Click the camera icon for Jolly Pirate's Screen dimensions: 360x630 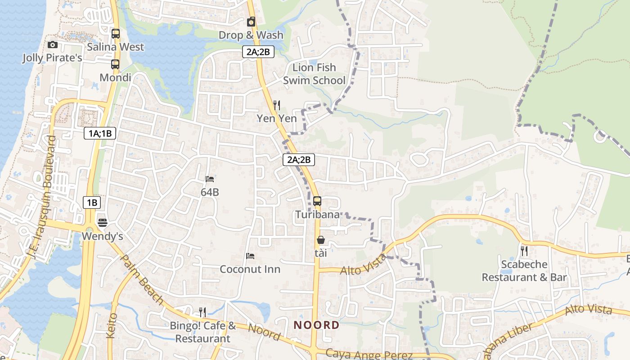[x=53, y=45]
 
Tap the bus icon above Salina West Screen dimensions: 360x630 [x=116, y=33]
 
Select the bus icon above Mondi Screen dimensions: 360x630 [x=115, y=64]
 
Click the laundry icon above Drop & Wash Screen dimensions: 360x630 [x=251, y=22]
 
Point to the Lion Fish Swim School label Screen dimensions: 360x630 [x=314, y=74]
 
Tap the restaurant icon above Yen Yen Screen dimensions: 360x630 [x=277, y=105]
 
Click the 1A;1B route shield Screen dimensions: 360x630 [x=100, y=133]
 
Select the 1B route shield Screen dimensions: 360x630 [x=92, y=202]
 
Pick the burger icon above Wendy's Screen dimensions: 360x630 [x=103, y=223]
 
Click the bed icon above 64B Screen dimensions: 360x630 [x=210, y=179]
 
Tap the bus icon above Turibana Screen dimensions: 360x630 [x=317, y=201]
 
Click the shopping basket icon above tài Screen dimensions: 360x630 [x=321, y=240]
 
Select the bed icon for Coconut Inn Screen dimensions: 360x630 [x=250, y=256]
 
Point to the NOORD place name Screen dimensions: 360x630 [x=316, y=325]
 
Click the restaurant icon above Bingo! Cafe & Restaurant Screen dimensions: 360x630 [x=202, y=312]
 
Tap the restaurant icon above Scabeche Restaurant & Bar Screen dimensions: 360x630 [x=524, y=251]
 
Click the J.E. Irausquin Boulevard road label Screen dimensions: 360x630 [x=41, y=198]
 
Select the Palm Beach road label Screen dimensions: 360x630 [x=142, y=279]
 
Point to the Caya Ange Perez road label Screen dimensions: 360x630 [x=369, y=354]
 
